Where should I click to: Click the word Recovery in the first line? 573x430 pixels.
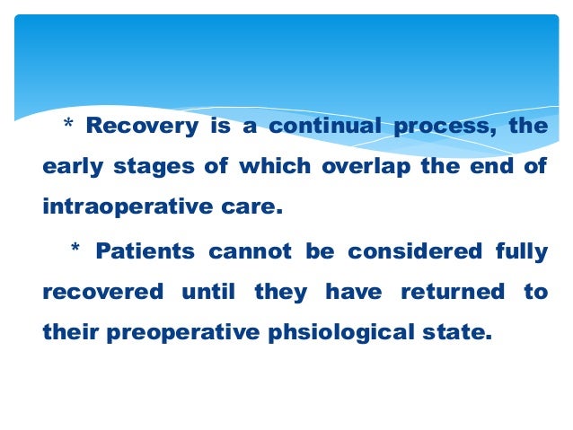coord(142,126)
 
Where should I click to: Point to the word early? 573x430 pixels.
coord(73,168)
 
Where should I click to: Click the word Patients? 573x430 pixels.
coord(146,250)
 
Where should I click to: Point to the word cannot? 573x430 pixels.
coord(251,250)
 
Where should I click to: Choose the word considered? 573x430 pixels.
coord(406,250)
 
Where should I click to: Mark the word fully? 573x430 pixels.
coord(522,251)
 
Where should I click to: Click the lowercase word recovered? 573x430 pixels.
coord(103,292)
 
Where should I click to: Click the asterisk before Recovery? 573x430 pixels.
coord(67,124)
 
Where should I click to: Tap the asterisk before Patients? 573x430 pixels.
coord(75,249)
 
